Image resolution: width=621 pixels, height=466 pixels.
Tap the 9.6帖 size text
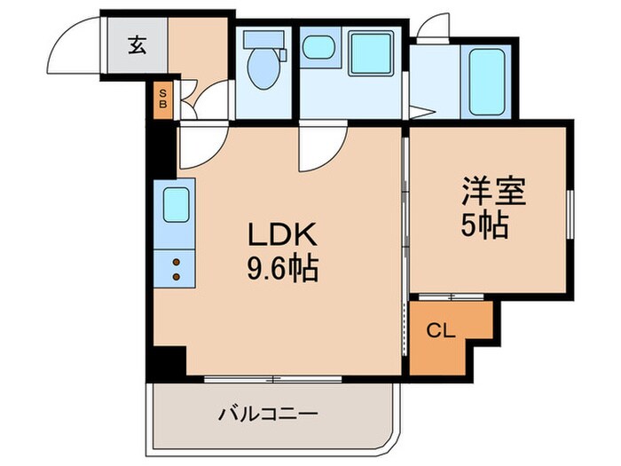point(282,266)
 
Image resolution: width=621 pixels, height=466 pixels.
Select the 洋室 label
point(493,194)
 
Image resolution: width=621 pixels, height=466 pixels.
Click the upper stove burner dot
point(175,262)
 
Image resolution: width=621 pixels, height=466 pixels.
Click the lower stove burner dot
point(175,277)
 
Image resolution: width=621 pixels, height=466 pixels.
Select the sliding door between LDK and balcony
point(275,379)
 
